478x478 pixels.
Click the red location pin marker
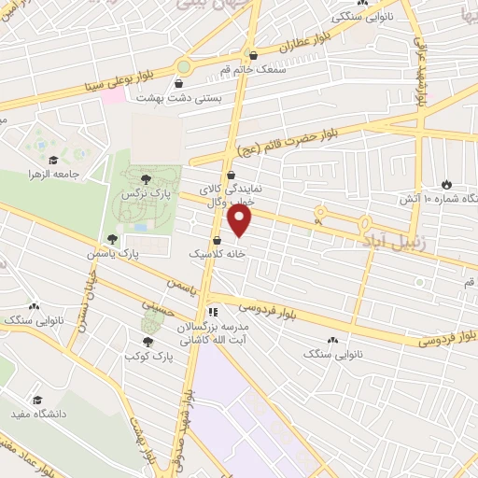pos(240,220)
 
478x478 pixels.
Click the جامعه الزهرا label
pos(50,175)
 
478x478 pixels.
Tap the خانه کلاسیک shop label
pos(216,253)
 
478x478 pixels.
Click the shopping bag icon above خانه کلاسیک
pos(217,238)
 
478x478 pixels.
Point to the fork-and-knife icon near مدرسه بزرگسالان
pos(213,312)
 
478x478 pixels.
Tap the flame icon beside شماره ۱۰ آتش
pos(445,185)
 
